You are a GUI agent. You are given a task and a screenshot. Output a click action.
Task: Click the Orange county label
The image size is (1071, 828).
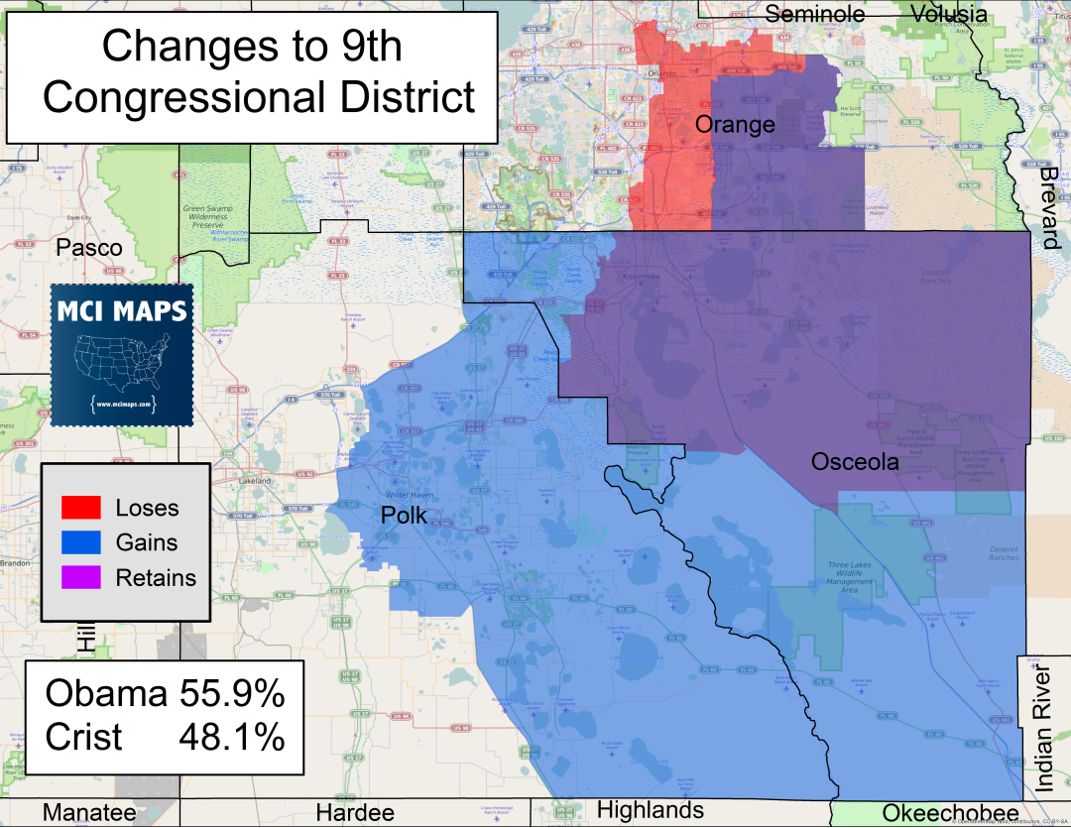point(735,125)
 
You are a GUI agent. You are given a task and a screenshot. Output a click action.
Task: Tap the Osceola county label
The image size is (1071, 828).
point(855,462)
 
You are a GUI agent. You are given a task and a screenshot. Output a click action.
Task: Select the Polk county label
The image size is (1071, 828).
point(405,516)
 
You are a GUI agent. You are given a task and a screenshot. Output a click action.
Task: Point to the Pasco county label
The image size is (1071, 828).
point(89,248)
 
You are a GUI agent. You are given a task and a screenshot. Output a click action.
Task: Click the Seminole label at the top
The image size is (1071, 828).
point(816,14)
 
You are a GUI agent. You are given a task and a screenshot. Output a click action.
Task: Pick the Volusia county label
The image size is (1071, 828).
point(949,14)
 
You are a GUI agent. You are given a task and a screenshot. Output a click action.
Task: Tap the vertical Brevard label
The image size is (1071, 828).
point(1050,208)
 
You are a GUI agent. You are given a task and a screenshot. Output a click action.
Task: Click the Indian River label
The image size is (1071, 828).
point(1044,731)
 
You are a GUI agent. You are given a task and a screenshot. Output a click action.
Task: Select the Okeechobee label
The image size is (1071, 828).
point(950,814)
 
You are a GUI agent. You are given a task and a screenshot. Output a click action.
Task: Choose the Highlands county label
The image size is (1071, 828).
point(651,810)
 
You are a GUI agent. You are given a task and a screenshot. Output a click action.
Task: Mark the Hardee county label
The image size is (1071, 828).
point(355,814)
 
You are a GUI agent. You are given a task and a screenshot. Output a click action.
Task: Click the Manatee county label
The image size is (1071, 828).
point(89,814)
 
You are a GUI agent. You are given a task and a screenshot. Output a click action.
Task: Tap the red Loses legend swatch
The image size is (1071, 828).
point(81,508)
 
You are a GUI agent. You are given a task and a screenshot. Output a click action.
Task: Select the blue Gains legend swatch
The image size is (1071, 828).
point(81,542)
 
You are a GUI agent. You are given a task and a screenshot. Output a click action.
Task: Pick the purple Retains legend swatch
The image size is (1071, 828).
point(81,577)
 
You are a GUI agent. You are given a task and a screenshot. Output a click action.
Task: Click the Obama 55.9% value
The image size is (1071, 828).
point(231,694)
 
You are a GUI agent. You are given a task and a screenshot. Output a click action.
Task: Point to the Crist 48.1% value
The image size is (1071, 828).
point(231,737)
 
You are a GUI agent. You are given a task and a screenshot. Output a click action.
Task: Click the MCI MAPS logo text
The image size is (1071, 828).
point(121,310)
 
